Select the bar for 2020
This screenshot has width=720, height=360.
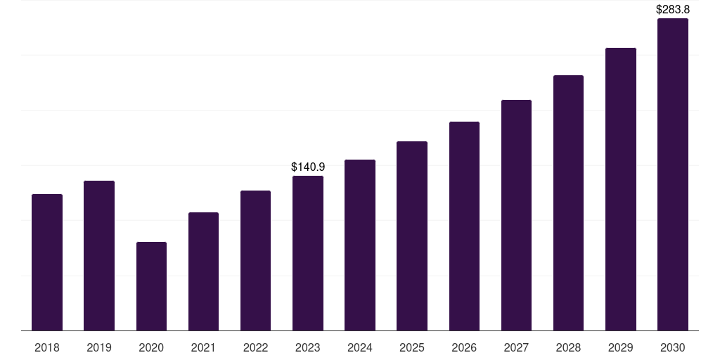click(x=151, y=286)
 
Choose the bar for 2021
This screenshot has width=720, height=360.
click(x=203, y=271)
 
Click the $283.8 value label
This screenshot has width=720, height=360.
click(x=672, y=10)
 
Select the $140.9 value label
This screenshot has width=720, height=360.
click(x=308, y=167)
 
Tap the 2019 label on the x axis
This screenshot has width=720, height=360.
click(x=99, y=347)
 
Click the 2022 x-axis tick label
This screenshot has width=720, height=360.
click(x=255, y=347)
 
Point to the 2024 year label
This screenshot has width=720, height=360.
click(x=360, y=347)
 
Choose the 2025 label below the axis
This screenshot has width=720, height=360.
click(x=412, y=347)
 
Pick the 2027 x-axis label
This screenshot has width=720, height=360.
click(x=516, y=347)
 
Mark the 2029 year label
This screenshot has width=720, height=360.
click(x=620, y=347)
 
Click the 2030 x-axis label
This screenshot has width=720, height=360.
click(x=672, y=347)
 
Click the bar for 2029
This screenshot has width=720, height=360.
click(x=620, y=189)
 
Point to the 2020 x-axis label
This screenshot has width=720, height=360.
click(x=151, y=347)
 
